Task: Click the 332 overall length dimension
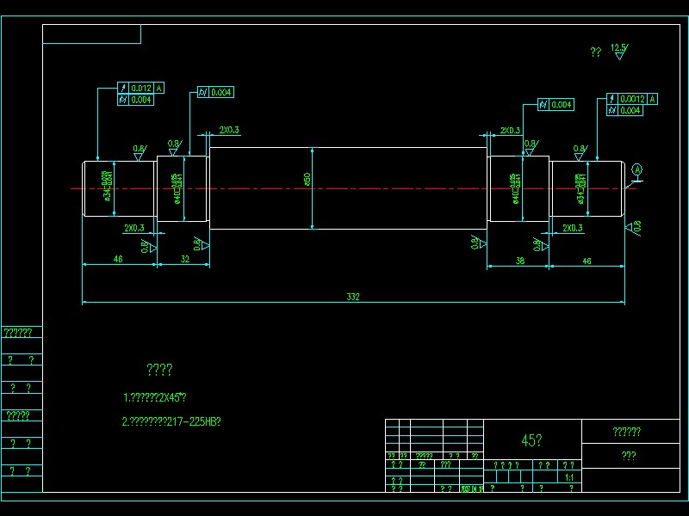coord(353,297)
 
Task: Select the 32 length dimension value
coord(184,258)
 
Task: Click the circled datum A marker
coord(637,169)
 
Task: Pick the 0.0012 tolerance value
coord(632,99)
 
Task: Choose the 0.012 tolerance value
coord(141,89)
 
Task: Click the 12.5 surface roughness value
coord(618,47)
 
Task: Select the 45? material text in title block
coord(531,440)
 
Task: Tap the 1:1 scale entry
coord(568,477)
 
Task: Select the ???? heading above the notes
coord(159,370)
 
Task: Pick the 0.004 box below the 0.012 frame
coord(141,100)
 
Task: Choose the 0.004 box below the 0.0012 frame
coord(630,110)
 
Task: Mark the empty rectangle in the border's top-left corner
coord(91,34)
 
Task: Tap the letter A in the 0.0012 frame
coord(653,99)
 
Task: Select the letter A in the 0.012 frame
coord(159,89)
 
